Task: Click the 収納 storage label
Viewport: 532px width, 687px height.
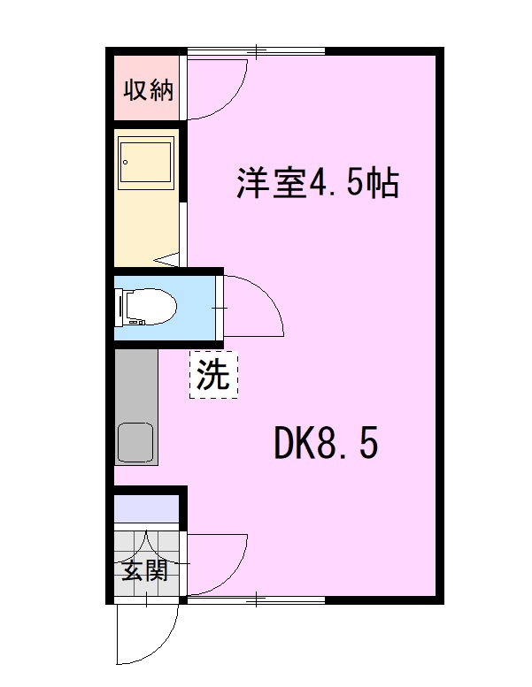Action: (148, 89)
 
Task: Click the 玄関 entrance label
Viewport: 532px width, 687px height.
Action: (144, 570)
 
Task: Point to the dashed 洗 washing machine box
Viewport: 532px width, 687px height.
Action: (212, 376)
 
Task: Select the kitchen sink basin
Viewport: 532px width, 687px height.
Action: (135, 443)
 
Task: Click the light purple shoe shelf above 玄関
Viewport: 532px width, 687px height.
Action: (147, 510)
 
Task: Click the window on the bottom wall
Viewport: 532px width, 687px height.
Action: (257, 601)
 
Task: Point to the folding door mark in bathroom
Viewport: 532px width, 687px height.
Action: (168, 260)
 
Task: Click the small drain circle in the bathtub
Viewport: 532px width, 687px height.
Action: (127, 162)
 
